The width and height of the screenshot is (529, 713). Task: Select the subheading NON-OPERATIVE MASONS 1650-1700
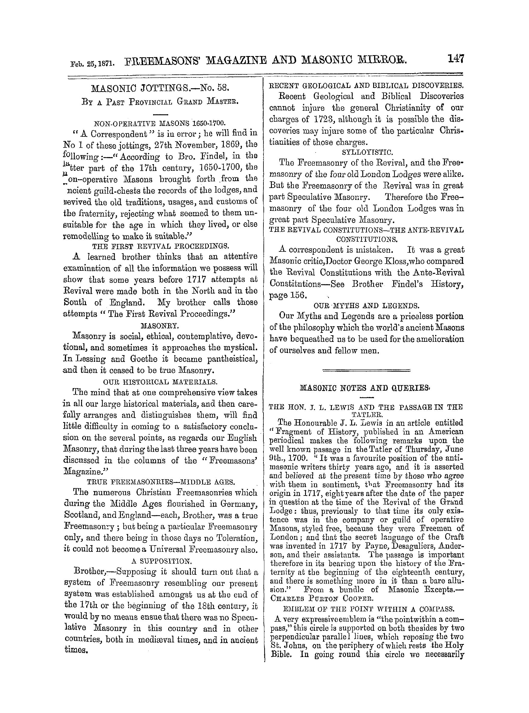(x=159, y=123)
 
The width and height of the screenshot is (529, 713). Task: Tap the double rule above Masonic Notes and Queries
(x=366, y=371)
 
